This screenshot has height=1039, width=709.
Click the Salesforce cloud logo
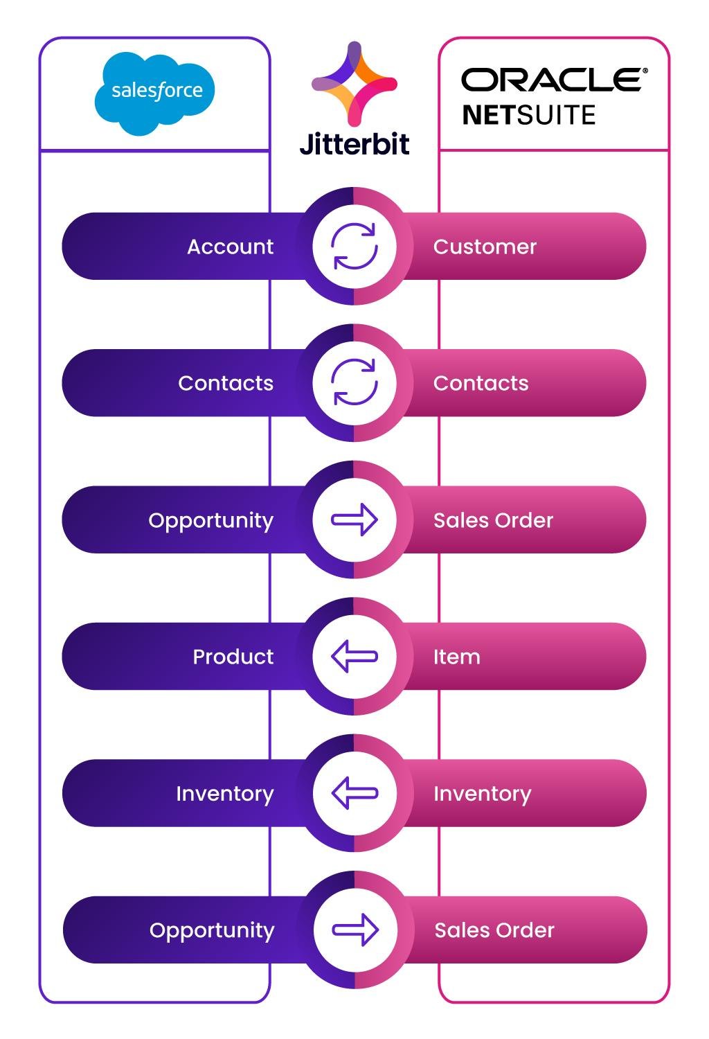154,94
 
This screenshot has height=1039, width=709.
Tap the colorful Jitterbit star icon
354,84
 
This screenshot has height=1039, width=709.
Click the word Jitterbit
354,144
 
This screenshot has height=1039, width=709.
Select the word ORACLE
551,80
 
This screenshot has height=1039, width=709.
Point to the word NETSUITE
528,114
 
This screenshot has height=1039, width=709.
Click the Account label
230,247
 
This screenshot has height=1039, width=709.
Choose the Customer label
485,247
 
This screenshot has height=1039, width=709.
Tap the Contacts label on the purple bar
226,383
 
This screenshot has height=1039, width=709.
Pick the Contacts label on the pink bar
481,383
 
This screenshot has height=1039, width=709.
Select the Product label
233,657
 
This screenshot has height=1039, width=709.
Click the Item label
457,657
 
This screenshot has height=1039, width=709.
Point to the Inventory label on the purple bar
225,794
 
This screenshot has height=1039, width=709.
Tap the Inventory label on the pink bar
483,794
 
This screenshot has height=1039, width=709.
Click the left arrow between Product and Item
354,657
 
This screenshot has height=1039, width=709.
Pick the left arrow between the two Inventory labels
354,793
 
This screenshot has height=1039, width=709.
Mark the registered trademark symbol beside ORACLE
645,71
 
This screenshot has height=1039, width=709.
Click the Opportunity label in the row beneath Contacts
211,521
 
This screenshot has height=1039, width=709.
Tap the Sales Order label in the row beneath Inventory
494,930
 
